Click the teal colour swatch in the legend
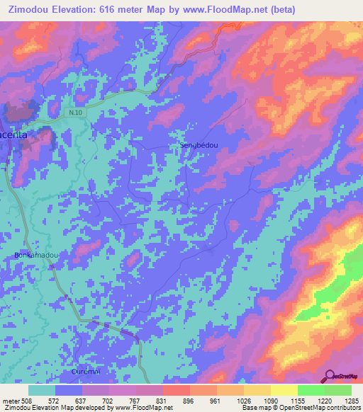pyautogui.click(x=42, y=390)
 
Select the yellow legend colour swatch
pyautogui.click(x=284, y=390)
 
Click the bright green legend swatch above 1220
pyautogui.click(x=311, y=390)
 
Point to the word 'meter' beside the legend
pyautogui.click(x=11, y=400)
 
